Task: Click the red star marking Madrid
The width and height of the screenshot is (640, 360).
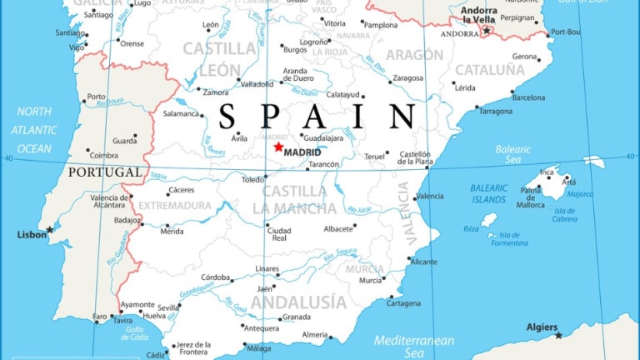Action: tap(278, 147)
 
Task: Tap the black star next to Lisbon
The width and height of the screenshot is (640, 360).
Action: tap(49, 229)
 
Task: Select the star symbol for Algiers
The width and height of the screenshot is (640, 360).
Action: tap(558, 335)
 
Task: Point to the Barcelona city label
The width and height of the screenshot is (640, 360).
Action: tap(528, 97)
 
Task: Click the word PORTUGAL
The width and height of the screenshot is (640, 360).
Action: tap(104, 172)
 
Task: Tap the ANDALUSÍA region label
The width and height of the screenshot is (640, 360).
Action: tap(298, 302)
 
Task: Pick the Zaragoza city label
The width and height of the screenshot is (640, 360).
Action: tap(408, 77)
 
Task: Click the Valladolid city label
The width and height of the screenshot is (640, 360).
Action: tap(256, 83)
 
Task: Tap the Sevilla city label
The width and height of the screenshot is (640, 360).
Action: tap(168, 307)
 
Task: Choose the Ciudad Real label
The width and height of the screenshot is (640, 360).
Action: tap(279, 234)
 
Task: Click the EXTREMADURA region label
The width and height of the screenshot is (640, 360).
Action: tap(175, 206)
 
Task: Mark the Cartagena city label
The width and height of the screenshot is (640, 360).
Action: tap(404, 303)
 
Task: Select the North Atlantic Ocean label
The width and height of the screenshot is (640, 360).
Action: tap(34, 130)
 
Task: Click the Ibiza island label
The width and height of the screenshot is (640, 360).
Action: tap(471, 227)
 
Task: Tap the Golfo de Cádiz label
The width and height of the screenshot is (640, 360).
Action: tap(135, 333)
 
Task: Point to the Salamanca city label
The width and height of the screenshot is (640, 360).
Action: tap(181, 113)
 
